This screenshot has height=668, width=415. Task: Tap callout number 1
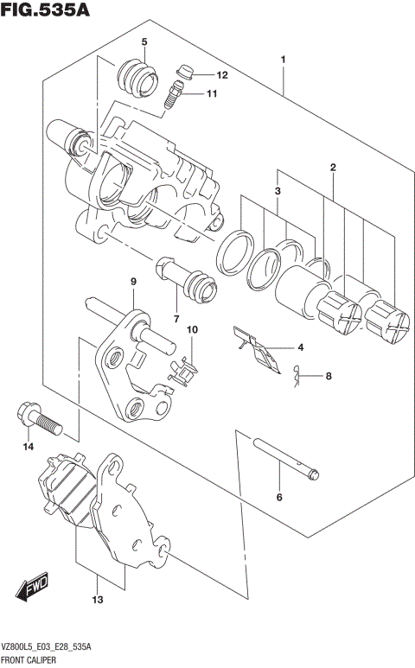pos(283,59)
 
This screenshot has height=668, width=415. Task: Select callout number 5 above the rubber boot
pos(144,41)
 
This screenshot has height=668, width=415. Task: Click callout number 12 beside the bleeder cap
pos(221,75)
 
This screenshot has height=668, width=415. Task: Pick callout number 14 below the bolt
pos(28,447)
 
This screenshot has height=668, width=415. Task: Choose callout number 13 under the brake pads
pos(98,599)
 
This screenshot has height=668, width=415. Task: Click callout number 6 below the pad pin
pos(279,497)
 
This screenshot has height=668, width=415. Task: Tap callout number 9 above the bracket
pos(134,282)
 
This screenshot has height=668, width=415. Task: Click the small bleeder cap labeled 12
pos(183,72)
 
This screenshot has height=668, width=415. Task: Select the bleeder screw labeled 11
pos(173,93)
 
